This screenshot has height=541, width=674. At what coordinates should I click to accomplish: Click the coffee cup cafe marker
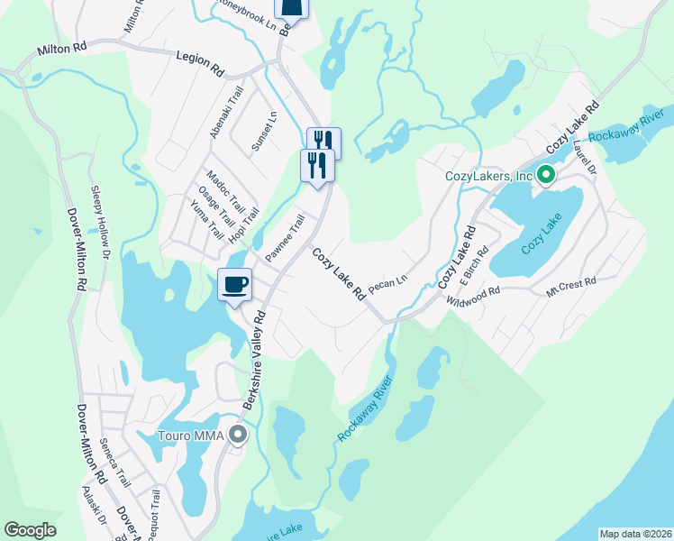click(x=234, y=285)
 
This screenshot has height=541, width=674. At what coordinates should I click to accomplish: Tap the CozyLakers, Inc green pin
click(x=545, y=175)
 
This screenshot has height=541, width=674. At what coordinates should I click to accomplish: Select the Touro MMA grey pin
click(x=238, y=436)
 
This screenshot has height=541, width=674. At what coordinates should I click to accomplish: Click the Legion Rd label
click(x=200, y=62)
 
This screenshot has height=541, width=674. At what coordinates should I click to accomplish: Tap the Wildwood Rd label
click(x=477, y=295)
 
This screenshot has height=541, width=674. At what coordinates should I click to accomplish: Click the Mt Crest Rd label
click(x=571, y=284)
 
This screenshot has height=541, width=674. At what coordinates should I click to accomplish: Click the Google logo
click(x=30, y=530)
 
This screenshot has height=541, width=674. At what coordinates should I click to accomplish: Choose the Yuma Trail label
click(x=206, y=219)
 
